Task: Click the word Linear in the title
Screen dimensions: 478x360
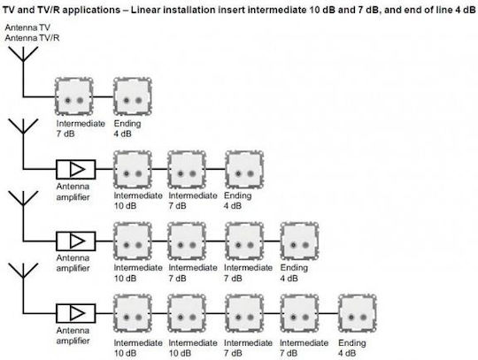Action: point(146,10)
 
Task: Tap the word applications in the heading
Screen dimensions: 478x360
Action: point(91,11)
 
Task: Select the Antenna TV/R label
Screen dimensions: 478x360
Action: point(32,38)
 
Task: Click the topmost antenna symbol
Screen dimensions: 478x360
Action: point(23,54)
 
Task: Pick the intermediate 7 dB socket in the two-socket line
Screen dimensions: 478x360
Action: point(73,96)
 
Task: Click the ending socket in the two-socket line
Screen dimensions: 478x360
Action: point(133,96)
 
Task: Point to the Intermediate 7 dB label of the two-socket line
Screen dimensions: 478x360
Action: point(81,128)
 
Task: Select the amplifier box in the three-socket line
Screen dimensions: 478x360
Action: point(75,169)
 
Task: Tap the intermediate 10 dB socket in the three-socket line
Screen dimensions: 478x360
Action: point(133,170)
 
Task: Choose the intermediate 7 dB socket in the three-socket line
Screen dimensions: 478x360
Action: point(187,170)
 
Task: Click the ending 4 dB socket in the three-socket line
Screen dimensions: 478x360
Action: point(244,170)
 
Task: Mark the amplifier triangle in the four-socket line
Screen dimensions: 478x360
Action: point(77,241)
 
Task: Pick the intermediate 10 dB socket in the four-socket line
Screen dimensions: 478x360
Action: point(133,241)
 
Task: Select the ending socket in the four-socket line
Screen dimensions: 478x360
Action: point(300,241)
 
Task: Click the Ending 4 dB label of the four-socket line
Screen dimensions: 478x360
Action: point(294,273)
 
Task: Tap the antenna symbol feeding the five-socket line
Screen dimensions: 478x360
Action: point(23,271)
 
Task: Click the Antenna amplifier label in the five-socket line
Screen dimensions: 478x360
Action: point(73,335)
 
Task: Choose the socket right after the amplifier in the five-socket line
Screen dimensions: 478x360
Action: point(133,313)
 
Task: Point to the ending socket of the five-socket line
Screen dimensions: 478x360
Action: point(358,313)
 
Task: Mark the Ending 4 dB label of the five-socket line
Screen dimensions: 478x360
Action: point(351,348)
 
